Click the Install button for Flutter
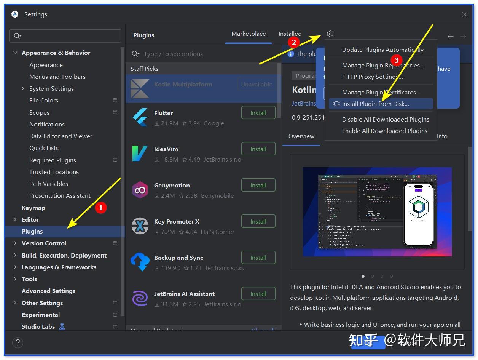[x=258, y=113]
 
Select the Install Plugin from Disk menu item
[x=375, y=104]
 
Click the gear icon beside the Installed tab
[x=330, y=34]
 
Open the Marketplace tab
[x=249, y=34]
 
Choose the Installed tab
[x=290, y=34]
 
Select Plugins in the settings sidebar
[x=32, y=231]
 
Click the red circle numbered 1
[x=100, y=208]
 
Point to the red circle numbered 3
[x=396, y=60]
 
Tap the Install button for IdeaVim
[x=258, y=149]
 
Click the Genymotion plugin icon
[x=140, y=190]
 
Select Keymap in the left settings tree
[x=33, y=208]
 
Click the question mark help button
[x=18, y=342]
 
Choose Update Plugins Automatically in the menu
[x=382, y=50]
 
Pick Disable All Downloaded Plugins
[x=385, y=119]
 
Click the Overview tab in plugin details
[x=301, y=136]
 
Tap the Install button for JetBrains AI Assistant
[x=258, y=294]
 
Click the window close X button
[x=465, y=14]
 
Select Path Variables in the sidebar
[x=49, y=184]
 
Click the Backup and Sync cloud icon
[x=140, y=262]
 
